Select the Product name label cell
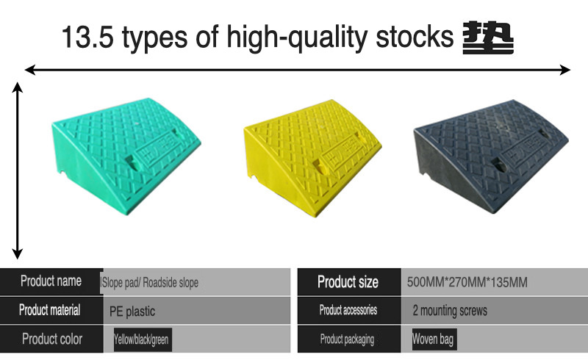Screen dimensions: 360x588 click(51, 281)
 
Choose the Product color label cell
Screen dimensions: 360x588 click(51, 339)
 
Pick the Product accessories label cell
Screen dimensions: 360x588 click(348, 311)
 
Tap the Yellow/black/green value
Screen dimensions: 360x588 click(141, 340)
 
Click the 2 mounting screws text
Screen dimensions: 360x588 click(450, 311)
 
